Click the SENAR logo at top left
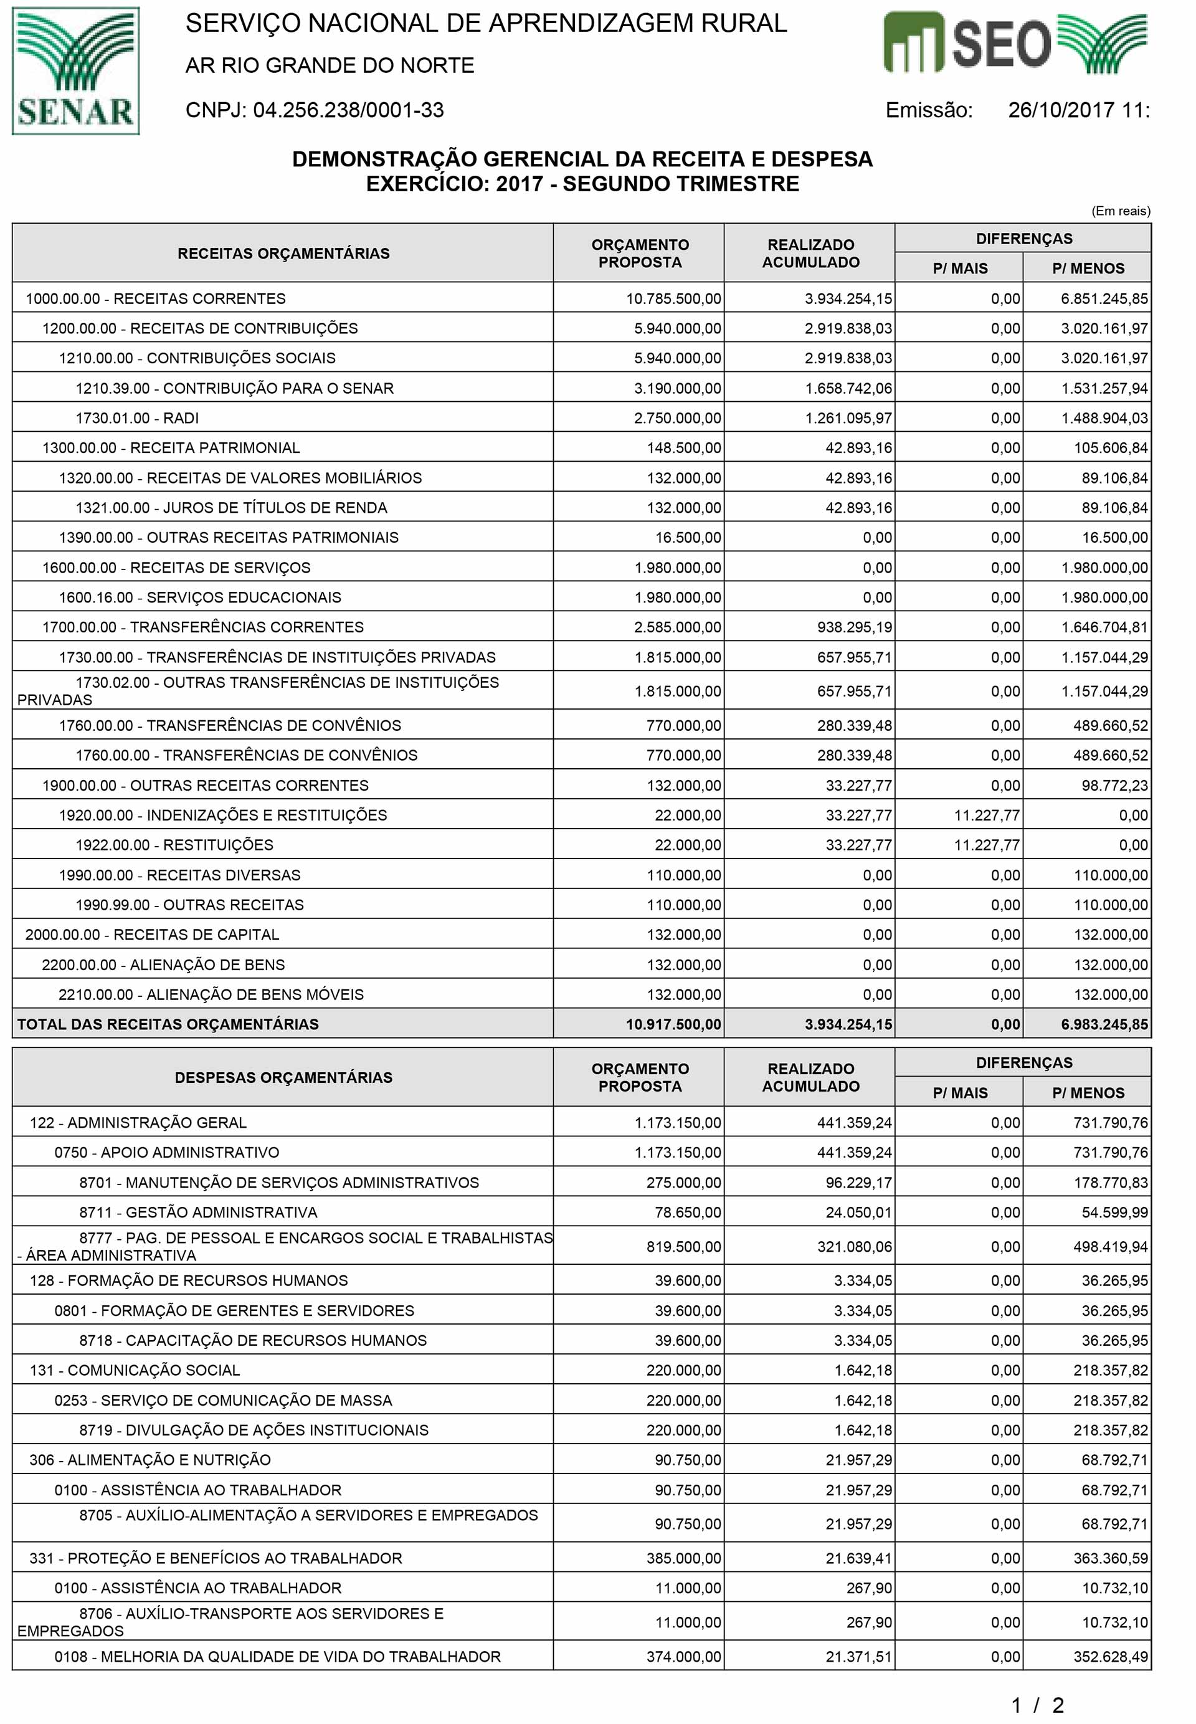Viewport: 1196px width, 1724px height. point(76,71)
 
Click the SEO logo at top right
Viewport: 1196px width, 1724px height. point(1015,44)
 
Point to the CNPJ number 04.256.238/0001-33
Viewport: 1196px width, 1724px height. point(348,110)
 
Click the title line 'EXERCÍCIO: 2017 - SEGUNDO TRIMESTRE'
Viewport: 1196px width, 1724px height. point(582,184)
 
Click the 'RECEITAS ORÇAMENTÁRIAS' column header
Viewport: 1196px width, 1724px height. point(283,254)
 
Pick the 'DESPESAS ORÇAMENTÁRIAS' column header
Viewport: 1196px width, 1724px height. point(283,1077)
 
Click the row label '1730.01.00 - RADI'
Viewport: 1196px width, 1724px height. point(137,418)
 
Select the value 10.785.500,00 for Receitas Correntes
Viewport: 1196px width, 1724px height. point(674,298)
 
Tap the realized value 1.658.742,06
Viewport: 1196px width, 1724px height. point(848,388)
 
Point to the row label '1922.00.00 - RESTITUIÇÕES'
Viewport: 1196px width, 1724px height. point(174,845)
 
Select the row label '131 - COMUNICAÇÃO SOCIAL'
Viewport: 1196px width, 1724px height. point(135,1370)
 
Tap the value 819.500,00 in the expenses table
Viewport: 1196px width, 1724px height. point(683,1247)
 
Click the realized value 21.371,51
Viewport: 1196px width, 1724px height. point(859,1657)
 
